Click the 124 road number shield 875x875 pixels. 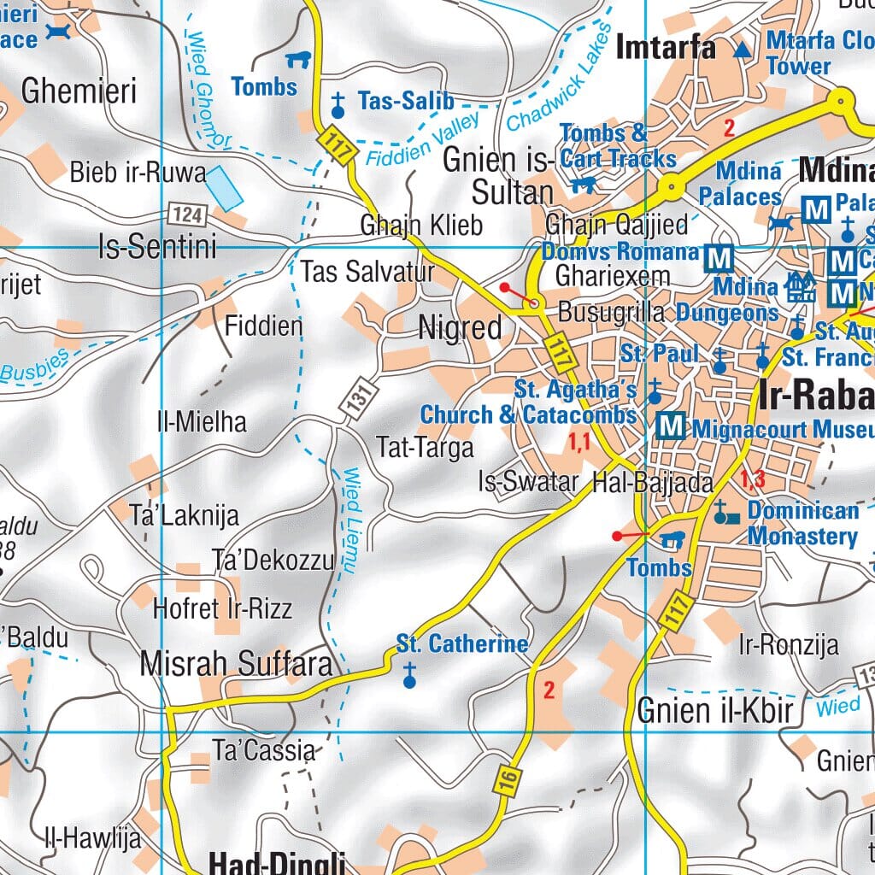[x=185, y=213]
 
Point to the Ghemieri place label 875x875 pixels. [x=79, y=91]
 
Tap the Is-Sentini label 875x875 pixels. [x=157, y=248]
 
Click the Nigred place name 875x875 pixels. [x=460, y=328]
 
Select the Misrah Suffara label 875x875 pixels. [x=236, y=664]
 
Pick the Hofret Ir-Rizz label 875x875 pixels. [x=222, y=608]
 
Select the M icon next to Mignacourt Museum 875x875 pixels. [x=672, y=426]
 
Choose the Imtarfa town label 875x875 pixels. [x=665, y=47]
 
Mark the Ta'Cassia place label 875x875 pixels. [x=264, y=751]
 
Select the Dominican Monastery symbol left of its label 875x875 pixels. [x=725, y=514]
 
